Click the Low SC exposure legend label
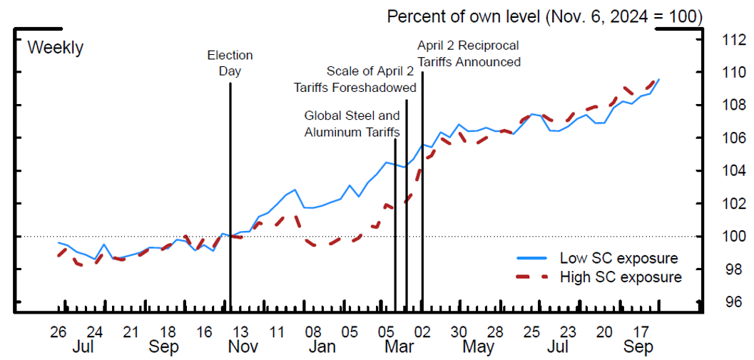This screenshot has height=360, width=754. (618, 258)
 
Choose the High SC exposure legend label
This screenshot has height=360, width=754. (621, 277)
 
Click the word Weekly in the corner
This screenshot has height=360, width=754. (55, 48)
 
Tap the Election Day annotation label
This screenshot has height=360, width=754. (230, 63)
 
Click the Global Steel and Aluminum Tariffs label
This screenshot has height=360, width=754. (352, 123)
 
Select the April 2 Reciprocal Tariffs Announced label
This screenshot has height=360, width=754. (469, 54)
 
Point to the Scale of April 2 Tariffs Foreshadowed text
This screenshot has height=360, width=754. (355, 79)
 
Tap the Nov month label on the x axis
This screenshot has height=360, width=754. (243, 347)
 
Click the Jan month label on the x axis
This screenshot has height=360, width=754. (322, 347)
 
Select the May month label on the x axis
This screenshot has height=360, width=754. (478, 347)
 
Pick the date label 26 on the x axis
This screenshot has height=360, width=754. (58, 332)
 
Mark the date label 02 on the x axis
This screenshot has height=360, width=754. (422, 332)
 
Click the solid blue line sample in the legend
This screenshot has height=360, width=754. (531, 258)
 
